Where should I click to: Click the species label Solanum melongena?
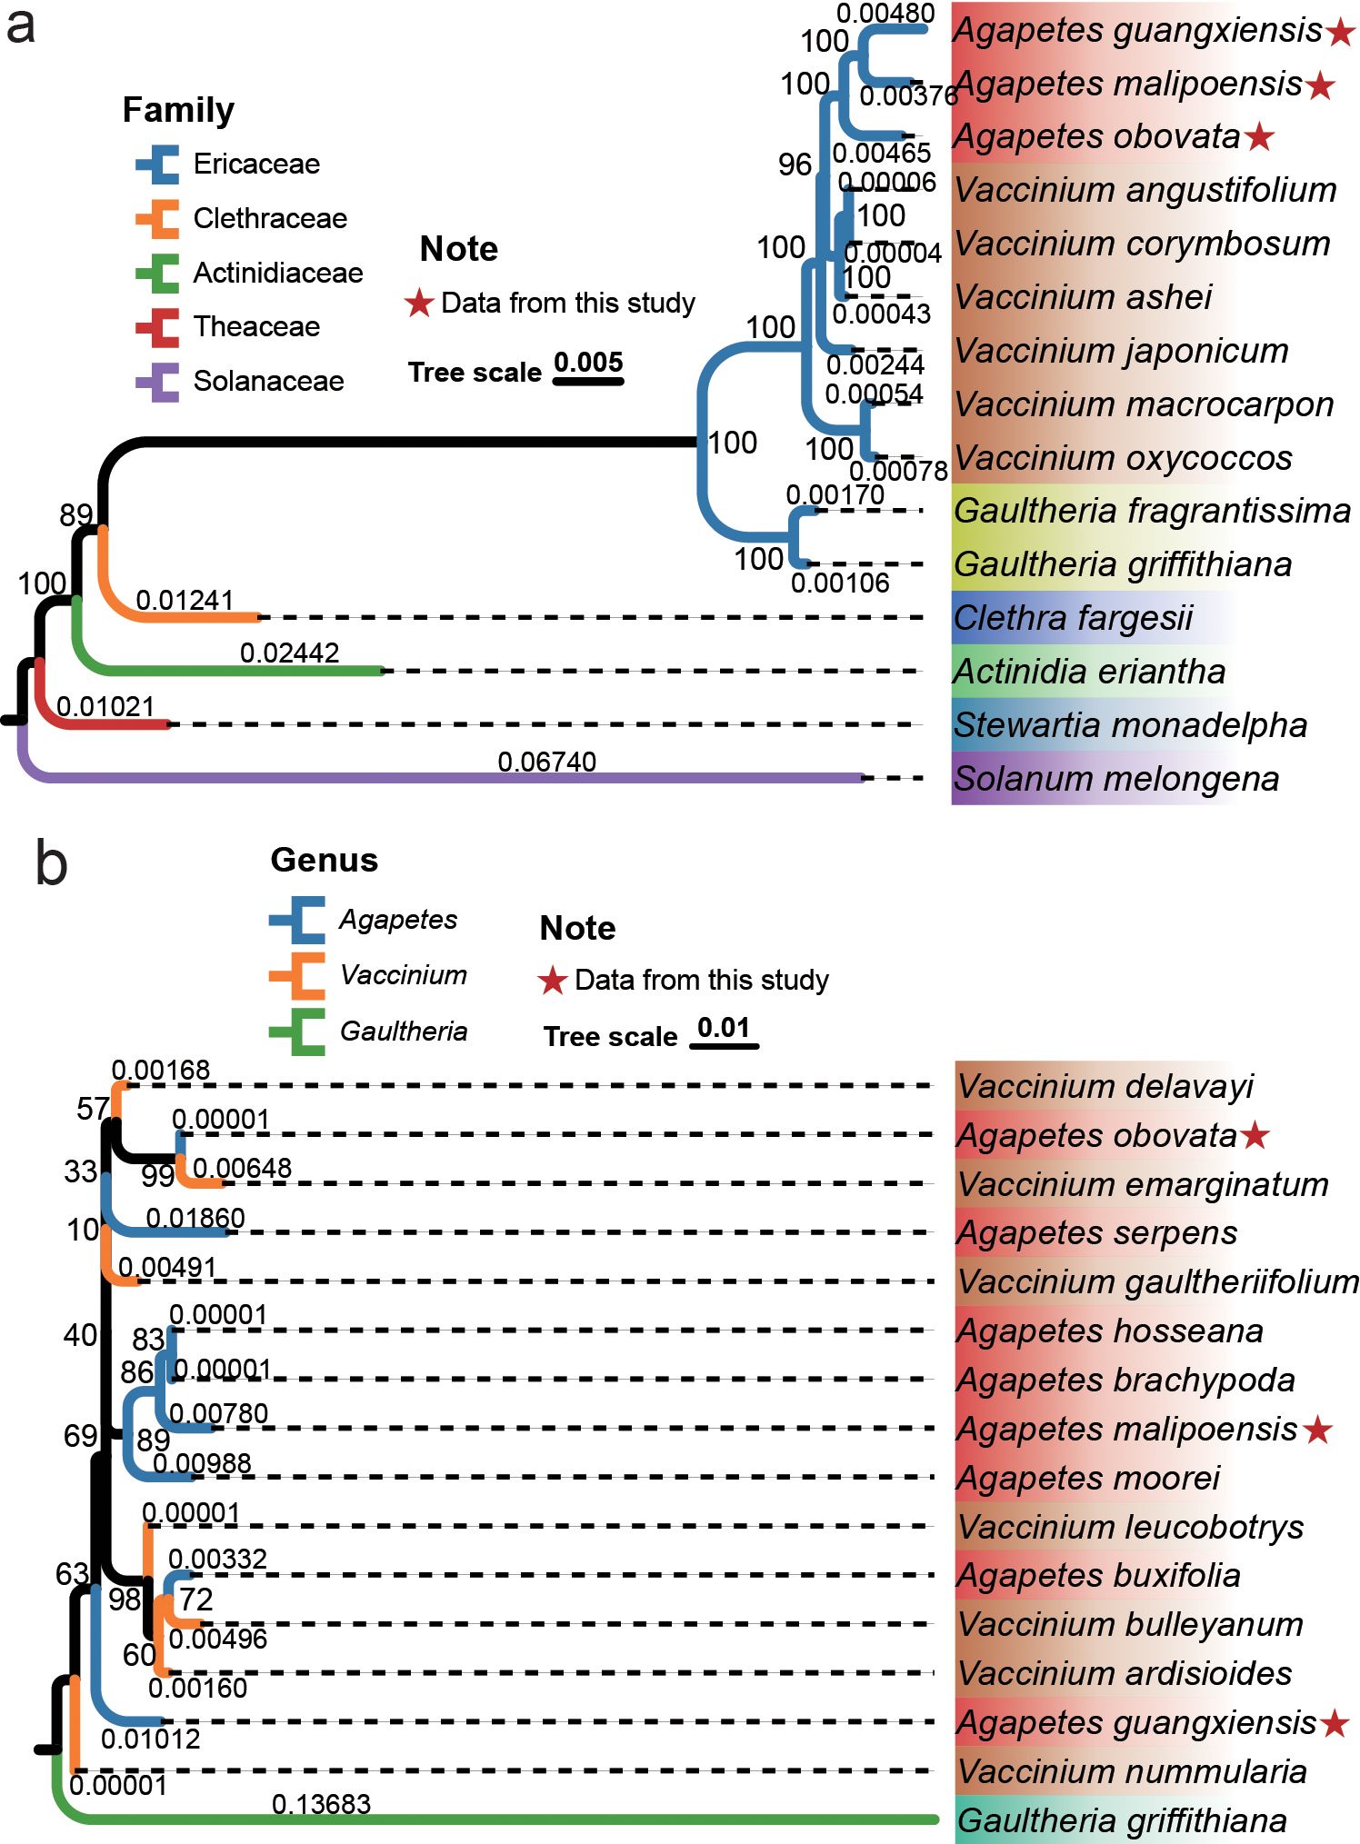1115,779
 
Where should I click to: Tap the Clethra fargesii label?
1073,618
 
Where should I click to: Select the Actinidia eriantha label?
1089,672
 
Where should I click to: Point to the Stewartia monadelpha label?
1130,725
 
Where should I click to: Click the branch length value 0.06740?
546,762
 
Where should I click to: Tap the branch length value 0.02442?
289,653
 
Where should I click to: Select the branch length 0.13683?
321,1803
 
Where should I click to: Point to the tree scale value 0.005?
588,362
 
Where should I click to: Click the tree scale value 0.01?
724,1028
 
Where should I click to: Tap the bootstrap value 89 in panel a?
76,515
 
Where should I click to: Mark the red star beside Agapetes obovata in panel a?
1259,137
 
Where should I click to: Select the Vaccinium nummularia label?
1132,1771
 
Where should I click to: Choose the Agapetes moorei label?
1088,1478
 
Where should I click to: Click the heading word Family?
178,110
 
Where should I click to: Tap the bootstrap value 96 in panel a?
795,164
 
